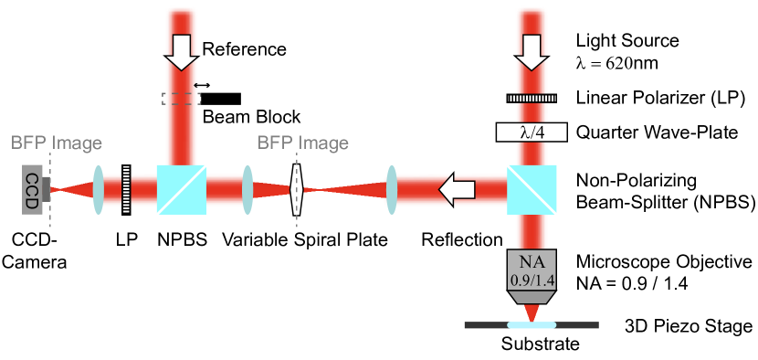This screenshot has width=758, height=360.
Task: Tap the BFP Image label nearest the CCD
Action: pyautogui.click(x=57, y=143)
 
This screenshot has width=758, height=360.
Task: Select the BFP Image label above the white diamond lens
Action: pyautogui.click(x=302, y=143)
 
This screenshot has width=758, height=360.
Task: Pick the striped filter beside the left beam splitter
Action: pyautogui.click(x=126, y=190)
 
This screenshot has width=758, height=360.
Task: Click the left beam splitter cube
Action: pyautogui.click(x=181, y=190)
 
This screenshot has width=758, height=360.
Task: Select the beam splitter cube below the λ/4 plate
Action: pyautogui.click(x=532, y=190)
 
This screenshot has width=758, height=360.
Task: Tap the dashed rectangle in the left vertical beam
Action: pyautogui.click(x=181, y=98)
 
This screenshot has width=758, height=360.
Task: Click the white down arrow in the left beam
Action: pyautogui.click(x=181, y=55)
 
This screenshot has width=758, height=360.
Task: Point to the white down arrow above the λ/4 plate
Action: pyautogui.click(x=532, y=55)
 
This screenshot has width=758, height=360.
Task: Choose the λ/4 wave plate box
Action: pyautogui.click(x=532, y=132)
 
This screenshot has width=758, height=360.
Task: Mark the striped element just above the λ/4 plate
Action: pyautogui.click(x=532, y=99)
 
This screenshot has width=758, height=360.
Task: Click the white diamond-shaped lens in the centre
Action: pyautogui.click(x=296, y=190)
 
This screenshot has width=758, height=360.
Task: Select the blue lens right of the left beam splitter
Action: pyautogui.click(x=247, y=190)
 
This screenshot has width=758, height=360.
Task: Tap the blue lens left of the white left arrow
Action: pyautogui.click(x=391, y=190)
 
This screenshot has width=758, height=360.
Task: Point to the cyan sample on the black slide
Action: pyautogui.click(x=532, y=324)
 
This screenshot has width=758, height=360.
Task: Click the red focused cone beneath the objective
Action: pyautogui.click(x=532, y=312)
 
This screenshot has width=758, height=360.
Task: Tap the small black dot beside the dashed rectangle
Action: pyautogui.click(x=195, y=85)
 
